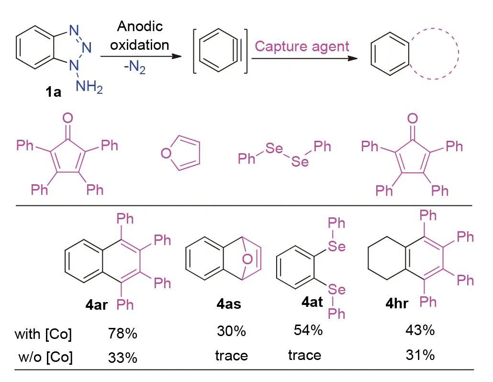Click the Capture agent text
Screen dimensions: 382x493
pos(302,46)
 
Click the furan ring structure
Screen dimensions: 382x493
pos(180,153)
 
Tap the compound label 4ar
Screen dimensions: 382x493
pos(98,304)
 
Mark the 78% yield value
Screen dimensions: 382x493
pos(123,333)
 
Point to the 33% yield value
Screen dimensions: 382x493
pos(123,357)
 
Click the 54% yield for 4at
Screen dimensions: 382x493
pos(307,330)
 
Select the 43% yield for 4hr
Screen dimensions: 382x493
pos(420,330)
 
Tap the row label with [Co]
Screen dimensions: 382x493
pos(43,334)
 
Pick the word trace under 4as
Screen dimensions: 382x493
pos(232,355)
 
